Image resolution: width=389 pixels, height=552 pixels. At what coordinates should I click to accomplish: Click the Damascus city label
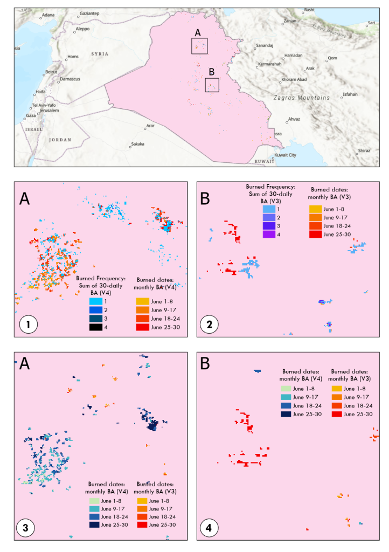pyautogui.click(x=70, y=79)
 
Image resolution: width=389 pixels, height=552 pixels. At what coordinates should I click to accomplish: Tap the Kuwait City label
pyautogui.click(x=286, y=155)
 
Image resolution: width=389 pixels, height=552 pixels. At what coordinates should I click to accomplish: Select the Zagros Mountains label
pyautogui.click(x=301, y=98)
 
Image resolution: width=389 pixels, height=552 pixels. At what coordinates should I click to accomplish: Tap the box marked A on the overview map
pyautogui.click(x=199, y=46)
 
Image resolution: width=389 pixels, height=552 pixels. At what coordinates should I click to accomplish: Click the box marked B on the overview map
pyautogui.click(x=212, y=85)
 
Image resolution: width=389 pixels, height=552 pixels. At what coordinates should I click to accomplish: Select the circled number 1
pyautogui.click(x=28, y=326)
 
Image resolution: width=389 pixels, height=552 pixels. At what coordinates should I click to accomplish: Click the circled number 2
pyautogui.click(x=209, y=325)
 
